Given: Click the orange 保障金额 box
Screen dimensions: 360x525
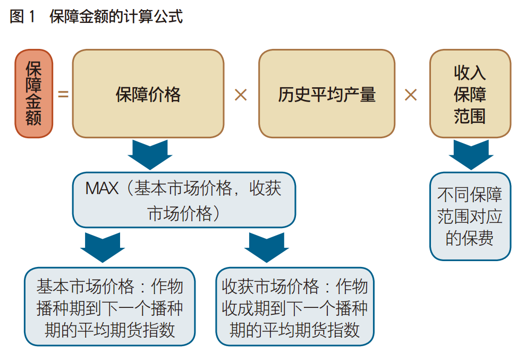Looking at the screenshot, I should pyautogui.click(x=33, y=94).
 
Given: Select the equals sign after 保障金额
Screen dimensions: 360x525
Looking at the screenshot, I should pyautogui.click(x=63, y=95).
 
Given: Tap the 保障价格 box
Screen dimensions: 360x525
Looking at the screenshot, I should pyautogui.click(x=148, y=94).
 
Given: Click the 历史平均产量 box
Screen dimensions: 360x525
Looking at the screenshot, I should pyautogui.click(x=327, y=94).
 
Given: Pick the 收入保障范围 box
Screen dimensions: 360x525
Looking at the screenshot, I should pyautogui.click(x=470, y=94).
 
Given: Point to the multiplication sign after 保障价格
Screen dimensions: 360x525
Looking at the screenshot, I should pyautogui.click(x=241, y=95).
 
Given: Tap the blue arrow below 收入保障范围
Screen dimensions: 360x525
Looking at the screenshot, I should pyautogui.click(x=470, y=155).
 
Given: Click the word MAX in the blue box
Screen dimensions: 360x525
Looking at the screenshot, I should pyautogui.click(x=101, y=189).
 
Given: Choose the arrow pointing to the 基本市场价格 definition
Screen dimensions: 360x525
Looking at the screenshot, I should pyautogui.click(x=102, y=248).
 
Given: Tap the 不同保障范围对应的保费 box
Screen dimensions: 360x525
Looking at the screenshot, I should pyautogui.click(x=470, y=216).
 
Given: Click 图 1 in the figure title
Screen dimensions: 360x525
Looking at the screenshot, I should pyautogui.click(x=22, y=16).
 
